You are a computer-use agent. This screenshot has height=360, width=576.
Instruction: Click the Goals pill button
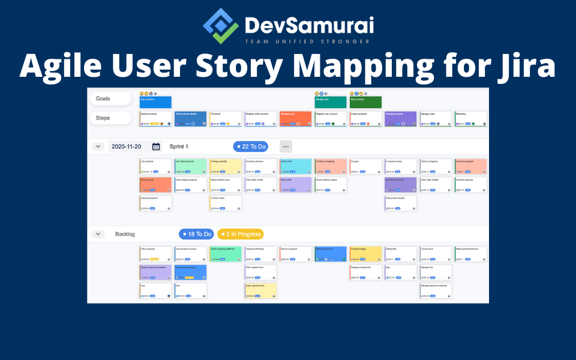point(110,98)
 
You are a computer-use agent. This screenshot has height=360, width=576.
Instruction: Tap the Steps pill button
point(110,118)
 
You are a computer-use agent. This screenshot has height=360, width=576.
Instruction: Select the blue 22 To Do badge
point(250,146)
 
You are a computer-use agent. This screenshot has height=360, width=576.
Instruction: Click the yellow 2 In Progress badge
point(240,234)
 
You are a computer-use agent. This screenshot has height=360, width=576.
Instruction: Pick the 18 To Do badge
point(196,234)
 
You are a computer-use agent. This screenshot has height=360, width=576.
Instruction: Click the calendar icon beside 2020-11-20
point(156,146)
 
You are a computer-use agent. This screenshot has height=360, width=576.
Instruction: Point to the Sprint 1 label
point(179,146)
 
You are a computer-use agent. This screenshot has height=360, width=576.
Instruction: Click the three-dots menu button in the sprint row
point(286,146)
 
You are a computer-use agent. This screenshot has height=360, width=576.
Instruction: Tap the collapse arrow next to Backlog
point(98,234)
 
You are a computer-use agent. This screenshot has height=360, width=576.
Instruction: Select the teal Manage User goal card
point(331,102)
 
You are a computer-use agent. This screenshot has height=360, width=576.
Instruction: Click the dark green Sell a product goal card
point(365,102)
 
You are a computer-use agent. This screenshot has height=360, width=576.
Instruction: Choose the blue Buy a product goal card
point(155,102)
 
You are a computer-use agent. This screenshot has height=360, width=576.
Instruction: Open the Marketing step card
point(470,119)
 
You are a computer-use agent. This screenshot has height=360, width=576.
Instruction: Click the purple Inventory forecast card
point(400,184)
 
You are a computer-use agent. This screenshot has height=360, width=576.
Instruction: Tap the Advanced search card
point(155,203)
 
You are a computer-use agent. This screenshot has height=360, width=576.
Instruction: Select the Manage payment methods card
point(436,290)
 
